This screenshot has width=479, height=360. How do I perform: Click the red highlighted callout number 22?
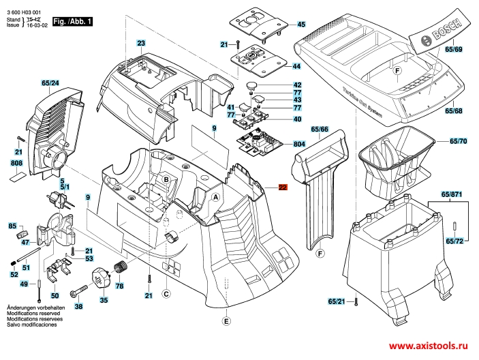click(283, 188)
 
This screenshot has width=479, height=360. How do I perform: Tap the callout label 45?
click(301, 25)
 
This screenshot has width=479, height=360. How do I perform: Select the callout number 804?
click(299, 145)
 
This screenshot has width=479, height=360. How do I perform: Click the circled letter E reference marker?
click(227, 320)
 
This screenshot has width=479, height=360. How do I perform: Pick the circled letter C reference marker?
click(166, 294)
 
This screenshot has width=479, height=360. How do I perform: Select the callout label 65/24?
click(50, 84)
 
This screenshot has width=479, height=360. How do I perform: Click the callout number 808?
click(17, 164)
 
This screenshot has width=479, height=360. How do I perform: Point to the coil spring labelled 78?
click(121, 267)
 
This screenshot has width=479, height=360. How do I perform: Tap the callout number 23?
click(141, 44)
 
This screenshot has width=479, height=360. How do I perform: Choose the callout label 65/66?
click(320, 129)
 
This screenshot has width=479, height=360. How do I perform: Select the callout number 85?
click(12, 226)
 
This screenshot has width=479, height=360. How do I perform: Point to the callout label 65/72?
click(454, 241)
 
